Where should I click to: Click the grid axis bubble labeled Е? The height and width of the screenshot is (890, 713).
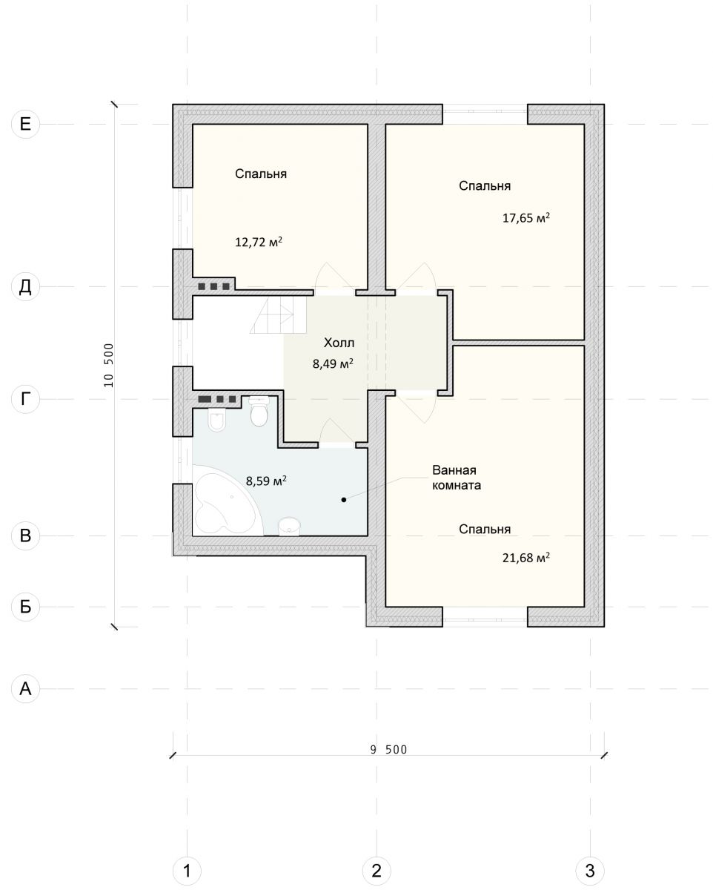[x=25, y=124]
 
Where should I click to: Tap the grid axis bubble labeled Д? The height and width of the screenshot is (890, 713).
[x=25, y=286]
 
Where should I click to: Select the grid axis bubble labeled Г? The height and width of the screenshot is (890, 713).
[x=25, y=399]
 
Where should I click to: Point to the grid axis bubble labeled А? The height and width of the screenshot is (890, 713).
[x=25, y=689]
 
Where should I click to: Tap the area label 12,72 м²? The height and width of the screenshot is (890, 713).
[x=259, y=242]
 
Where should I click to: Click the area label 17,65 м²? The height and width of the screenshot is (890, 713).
[x=525, y=217]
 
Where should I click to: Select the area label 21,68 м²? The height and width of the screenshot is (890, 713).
[x=525, y=558]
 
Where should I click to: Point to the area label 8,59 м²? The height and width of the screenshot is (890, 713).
[x=266, y=481]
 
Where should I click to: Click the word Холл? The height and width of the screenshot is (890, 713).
[x=339, y=343]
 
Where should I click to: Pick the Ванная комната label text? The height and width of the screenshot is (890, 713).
[x=457, y=477]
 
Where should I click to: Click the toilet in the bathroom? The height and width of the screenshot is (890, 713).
[x=259, y=411]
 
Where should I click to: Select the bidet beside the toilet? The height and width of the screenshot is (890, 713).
[x=216, y=420]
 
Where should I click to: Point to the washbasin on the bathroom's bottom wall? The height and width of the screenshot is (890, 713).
[x=289, y=527]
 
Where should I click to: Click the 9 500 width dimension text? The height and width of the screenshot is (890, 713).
[x=388, y=750]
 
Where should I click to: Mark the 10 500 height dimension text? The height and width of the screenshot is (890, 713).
[x=108, y=365]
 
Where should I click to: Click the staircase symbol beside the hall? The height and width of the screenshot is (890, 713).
[x=278, y=315]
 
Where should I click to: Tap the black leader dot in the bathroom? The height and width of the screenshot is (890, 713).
[x=343, y=500]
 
